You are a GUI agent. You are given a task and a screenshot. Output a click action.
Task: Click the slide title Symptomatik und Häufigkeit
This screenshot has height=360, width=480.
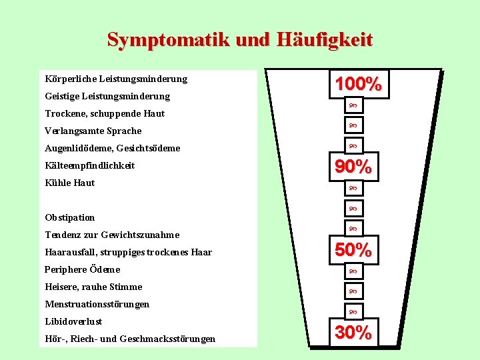pos(240,39)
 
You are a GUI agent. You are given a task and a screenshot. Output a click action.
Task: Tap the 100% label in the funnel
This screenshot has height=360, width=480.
pos(358,84)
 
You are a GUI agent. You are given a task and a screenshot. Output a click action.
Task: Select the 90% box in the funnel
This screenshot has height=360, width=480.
pos(353,167)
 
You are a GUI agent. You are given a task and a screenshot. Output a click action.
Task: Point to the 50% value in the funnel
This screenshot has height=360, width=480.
pos(353,250)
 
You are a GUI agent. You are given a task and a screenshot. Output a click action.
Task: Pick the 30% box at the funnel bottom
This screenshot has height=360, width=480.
pos(353,332)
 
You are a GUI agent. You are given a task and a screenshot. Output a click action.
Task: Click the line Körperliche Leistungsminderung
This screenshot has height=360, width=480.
pos(116,79)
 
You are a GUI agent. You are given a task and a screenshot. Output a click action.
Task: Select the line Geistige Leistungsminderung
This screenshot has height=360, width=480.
pos(107,97)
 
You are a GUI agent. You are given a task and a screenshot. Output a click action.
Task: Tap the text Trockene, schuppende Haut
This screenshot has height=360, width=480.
pos(105,114)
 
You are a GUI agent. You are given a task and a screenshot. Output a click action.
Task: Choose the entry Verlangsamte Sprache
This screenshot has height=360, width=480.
pos(93,131)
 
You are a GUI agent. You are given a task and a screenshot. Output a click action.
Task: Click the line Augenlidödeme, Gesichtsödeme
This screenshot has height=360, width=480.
pos(113,148)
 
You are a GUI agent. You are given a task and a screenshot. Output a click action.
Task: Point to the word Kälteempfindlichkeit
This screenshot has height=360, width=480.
pos(90,165)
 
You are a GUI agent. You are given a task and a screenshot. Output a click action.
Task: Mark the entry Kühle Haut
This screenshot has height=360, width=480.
pos(70,183)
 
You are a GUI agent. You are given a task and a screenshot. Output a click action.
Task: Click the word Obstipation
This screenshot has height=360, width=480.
pos(70,217)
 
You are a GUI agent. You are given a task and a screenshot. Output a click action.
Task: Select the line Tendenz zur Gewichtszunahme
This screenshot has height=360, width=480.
pos(112,235)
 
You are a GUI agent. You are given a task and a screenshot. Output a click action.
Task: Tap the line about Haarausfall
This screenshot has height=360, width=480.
pos(128,252)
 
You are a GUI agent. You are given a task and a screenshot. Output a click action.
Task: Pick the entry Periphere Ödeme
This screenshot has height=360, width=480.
pos(83,269)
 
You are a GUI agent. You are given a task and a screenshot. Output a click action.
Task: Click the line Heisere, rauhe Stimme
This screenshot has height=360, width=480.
pos(93,287)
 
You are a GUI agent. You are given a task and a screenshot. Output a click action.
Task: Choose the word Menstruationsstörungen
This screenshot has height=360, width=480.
pos(97,304)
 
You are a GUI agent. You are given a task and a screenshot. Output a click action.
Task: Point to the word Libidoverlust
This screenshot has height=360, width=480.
pos(73,321)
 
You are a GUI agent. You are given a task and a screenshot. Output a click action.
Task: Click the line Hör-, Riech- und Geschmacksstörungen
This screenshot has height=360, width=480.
pos(130,339)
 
